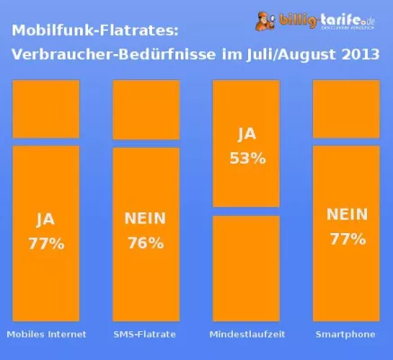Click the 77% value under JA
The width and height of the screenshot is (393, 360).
click(x=46, y=243)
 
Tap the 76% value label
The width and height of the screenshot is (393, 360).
click(x=145, y=243)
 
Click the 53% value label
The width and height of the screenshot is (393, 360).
click(x=246, y=157)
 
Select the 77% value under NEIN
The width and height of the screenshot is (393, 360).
click(x=346, y=238)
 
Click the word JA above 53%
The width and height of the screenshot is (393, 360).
click(x=246, y=135)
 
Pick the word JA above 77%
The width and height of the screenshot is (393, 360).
click(x=46, y=220)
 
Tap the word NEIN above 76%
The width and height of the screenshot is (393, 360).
click(x=145, y=220)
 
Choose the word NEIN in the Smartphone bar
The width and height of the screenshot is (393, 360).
click(x=346, y=215)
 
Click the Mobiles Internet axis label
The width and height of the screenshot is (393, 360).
click(x=46, y=335)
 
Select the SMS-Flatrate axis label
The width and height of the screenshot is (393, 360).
click(x=145, y=335)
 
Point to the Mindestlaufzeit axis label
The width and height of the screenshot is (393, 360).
click(x=246, y=335)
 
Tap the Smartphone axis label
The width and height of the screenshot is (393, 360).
click(x=346, y=335)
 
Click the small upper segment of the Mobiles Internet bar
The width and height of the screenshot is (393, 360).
click(x=46, y=109)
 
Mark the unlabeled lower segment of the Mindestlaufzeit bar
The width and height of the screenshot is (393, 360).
click(x=246, y=267)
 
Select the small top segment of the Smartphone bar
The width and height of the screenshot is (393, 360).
click(x=346, y=109)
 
